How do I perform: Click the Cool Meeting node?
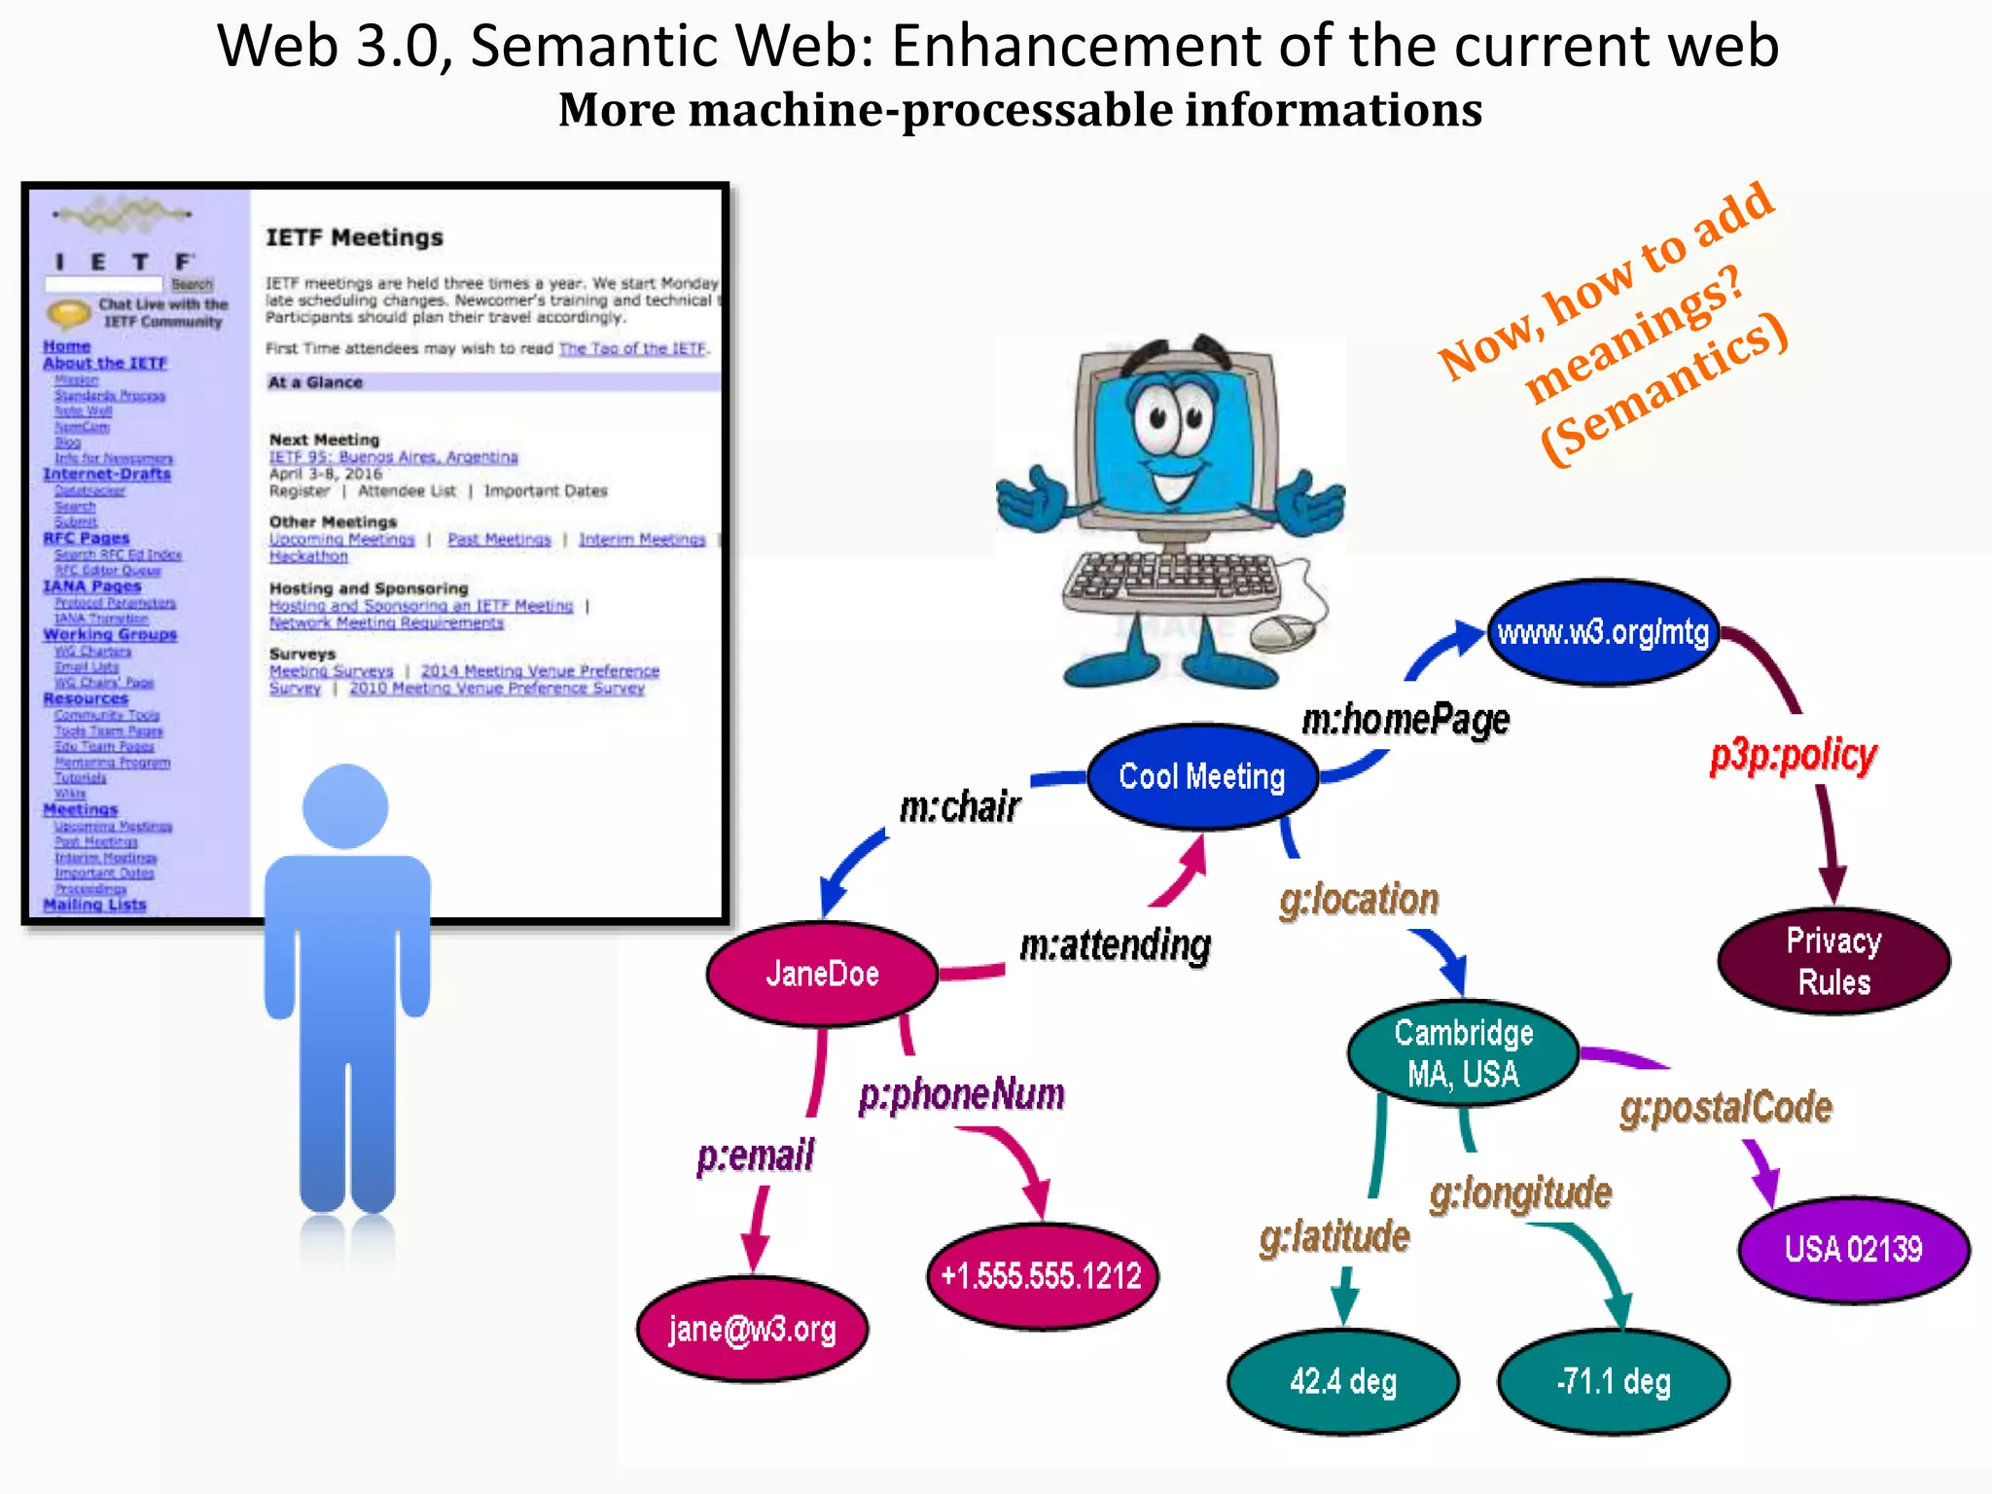(x=1202, y=776)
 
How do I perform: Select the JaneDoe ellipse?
(x=822, y=974)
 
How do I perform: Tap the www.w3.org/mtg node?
(x=1603, y=633)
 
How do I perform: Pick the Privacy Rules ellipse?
(x=1833, y=961)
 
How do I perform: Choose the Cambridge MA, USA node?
(x=1463, y=1053)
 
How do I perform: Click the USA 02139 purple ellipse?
(x=1853, y=1249)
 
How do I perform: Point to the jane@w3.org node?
(x=752, y=1329)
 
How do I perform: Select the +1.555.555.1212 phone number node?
(x=1042, y=1275)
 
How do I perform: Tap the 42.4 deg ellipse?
(x=1343, y=1381)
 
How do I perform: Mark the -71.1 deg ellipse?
(x=1614, y=1381)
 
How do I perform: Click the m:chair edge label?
(x=959, y=807)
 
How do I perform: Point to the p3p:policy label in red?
(x=1794, y=756)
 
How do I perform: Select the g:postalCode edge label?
(x=1725, y=1108)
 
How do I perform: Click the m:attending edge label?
(x=1115, y=944)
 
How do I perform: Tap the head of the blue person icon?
(x=345, y=806)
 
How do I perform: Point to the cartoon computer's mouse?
(x=1281, y=632)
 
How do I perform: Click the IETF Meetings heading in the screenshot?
(x=354, y=237)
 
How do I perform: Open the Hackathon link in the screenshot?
(x=308, y=556)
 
